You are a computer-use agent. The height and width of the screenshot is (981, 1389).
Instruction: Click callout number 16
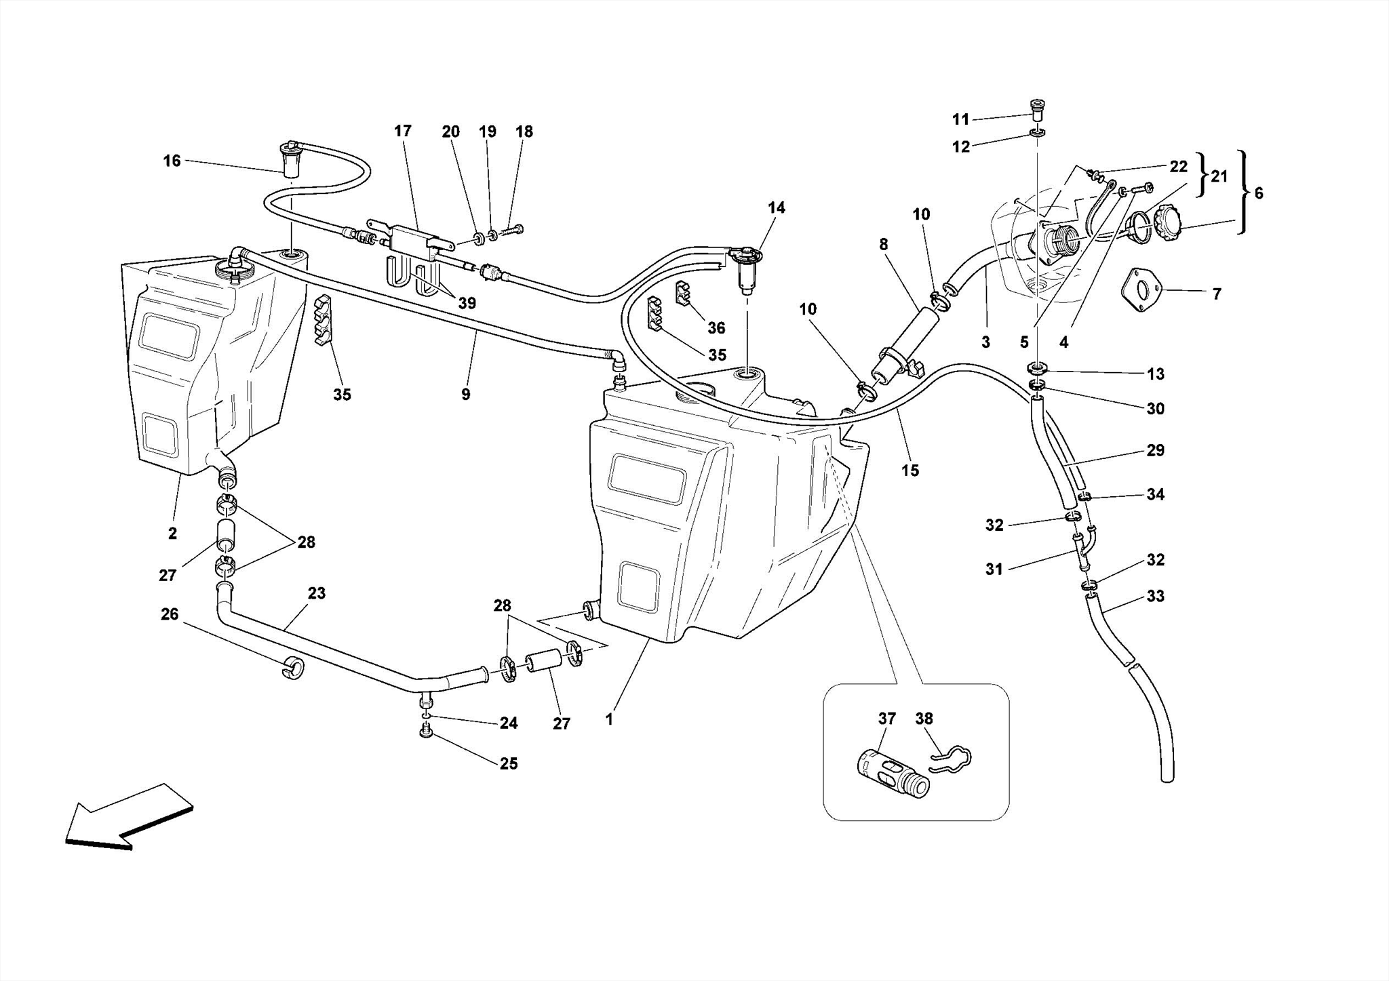(172, 161)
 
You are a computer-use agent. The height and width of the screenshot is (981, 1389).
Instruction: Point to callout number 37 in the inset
(887, 719)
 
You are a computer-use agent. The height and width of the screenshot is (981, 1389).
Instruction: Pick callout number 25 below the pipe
(509, 763)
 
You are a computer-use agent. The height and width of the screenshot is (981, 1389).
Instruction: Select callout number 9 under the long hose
(465, 395)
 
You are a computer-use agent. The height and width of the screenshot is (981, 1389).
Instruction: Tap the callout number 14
(777, 207)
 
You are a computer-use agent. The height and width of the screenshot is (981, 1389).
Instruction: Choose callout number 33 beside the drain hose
(1156, 596)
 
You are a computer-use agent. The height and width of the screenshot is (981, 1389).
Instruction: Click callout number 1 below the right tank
(610, 719)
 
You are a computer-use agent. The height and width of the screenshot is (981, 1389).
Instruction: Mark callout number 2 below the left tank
(172, 534)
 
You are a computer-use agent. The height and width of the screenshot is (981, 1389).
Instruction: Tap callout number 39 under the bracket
(467, 303)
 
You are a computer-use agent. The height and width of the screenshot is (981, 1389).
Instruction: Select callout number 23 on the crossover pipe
(317, 593)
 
